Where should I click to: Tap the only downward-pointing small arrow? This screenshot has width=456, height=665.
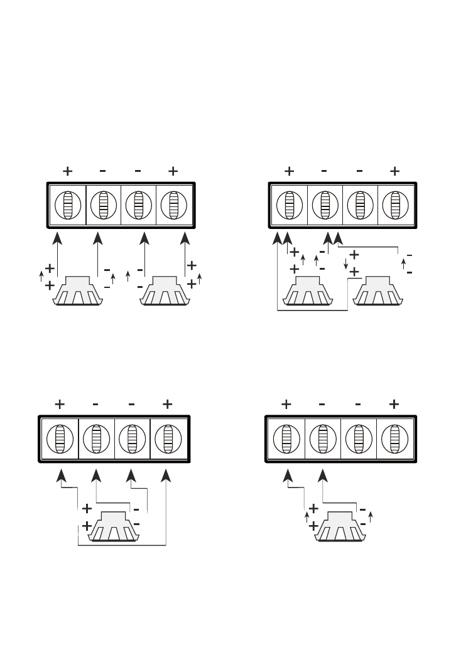tap(346, 263)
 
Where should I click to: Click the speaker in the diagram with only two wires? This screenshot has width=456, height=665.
tap(340, 527)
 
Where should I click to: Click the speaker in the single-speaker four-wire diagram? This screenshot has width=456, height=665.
tap(113, 527)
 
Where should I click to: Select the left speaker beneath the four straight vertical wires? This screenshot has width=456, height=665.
tap(78, 291)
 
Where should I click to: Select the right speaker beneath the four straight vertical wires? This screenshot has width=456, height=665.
tap(165, 291)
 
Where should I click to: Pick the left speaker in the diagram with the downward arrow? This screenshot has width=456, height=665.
tap(308, 291)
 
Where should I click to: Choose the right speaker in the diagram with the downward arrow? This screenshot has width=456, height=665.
tap(378, 291)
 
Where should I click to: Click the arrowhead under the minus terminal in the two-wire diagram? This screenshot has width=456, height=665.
tap(323, 476)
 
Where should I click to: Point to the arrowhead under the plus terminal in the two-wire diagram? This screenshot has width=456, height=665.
tap(288, 476)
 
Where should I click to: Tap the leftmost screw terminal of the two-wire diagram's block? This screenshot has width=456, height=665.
tap(286, 439)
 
